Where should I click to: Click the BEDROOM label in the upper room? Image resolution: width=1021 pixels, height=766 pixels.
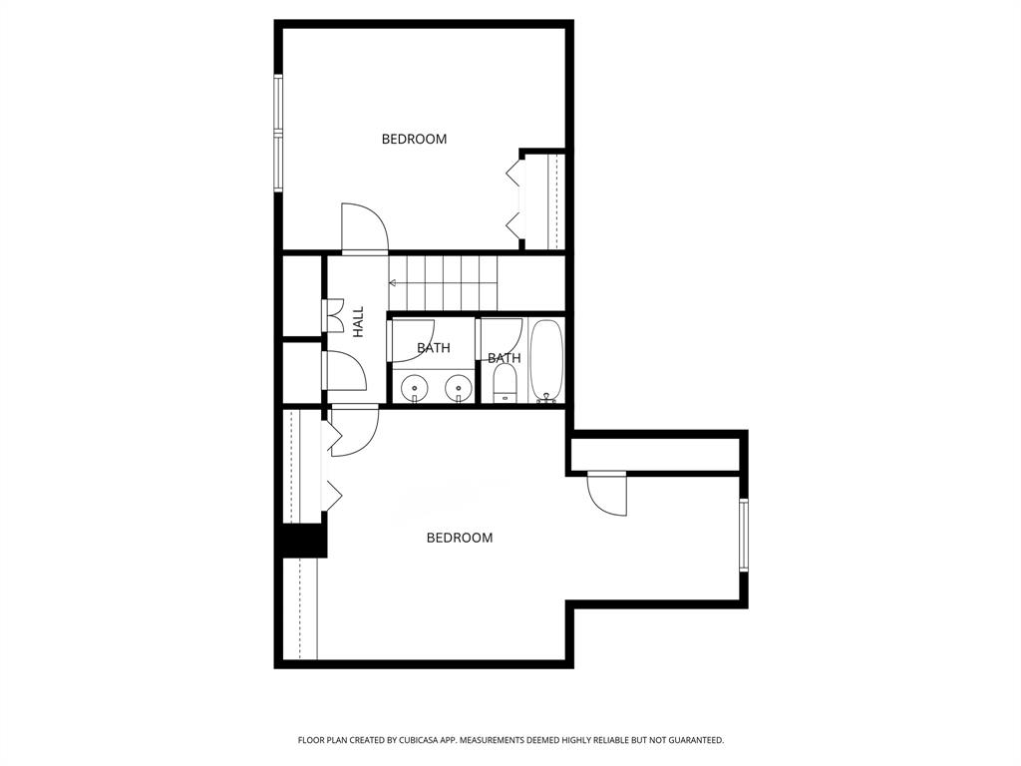coord(414,139)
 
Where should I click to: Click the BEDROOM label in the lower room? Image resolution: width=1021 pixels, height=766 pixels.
coord(460,538)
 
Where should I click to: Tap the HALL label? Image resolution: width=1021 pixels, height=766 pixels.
coord(358,320)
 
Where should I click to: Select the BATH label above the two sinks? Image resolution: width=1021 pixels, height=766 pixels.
coord(433,348)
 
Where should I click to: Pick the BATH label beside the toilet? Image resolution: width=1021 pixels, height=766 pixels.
coord(504,358)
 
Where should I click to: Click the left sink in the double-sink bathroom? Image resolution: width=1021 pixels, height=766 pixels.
coord(413,386)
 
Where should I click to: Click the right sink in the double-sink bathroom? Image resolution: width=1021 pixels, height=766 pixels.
coord(459,386)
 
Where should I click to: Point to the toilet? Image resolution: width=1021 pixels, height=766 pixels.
coord(505,382)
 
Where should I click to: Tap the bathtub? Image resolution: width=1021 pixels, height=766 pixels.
coord(546,359)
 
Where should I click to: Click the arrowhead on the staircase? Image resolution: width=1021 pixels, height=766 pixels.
coord(393,283)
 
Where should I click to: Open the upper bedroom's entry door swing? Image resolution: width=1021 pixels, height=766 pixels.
coord(363,228)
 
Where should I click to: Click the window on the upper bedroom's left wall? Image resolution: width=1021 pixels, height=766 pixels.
coord(279,132)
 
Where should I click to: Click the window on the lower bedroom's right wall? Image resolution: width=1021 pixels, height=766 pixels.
coord(743,535)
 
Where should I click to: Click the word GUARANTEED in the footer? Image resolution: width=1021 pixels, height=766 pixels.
coord(691,740)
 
